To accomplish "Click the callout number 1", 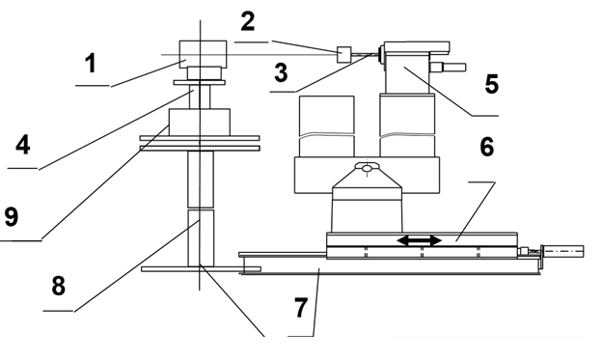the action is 91,64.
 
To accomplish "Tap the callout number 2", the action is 248,21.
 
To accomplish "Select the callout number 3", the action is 281,72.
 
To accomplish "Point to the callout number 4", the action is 22,145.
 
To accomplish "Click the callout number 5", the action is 491,84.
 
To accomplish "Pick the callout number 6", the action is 487,147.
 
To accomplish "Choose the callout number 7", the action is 301,307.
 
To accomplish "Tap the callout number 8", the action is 58,286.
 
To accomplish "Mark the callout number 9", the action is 12,216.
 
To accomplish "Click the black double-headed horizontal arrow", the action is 420,241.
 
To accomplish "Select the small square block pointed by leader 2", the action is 343,55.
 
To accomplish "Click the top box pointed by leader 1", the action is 203,54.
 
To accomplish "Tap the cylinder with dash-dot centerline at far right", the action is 562,252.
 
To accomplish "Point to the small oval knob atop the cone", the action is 368,167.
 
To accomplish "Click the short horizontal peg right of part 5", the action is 448,68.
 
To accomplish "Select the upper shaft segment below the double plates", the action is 201,180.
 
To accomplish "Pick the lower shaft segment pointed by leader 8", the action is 201,237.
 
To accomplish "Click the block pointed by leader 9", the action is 200,123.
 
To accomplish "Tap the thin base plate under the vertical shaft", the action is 201,269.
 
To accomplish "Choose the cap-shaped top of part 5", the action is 417,47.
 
